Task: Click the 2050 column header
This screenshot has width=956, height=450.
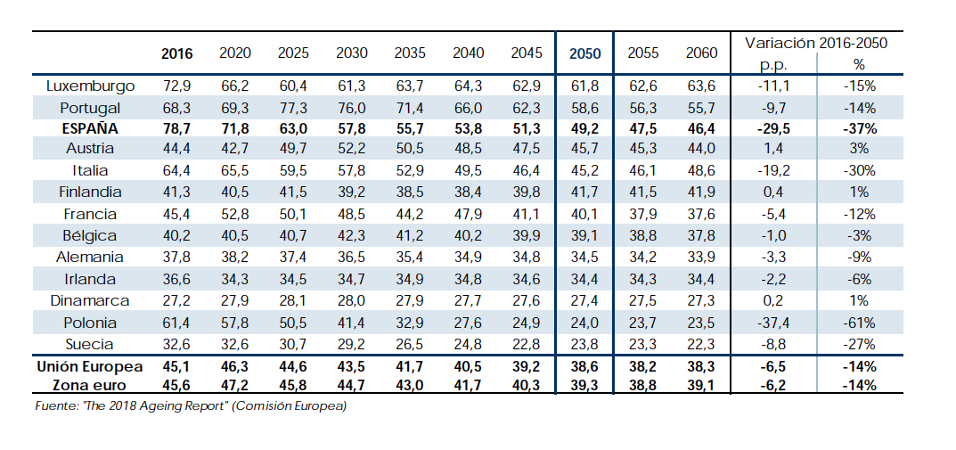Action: coord(585,53)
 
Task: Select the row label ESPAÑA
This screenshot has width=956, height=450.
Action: coord(91,128)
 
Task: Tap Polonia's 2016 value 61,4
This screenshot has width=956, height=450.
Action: coord(176,323)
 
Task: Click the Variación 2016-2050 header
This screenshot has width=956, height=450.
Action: coord(815,43)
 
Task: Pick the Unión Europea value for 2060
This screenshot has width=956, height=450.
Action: coord(701,366)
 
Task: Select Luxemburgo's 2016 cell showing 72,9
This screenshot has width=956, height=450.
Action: coord(176,86)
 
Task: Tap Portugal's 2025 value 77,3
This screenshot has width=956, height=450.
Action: coord(293,108)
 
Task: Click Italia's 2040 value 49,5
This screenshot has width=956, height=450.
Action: coord(468,171)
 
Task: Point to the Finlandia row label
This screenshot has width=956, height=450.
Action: coord(91,192)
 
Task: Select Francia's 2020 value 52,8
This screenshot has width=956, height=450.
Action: coord(234,215)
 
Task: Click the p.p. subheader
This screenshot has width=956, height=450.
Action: coord(772,65)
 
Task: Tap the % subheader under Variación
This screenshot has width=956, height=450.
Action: coord(859,65)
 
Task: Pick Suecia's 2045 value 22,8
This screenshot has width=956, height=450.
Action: coord(526,344)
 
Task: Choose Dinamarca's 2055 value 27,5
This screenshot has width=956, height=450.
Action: coord(642,301)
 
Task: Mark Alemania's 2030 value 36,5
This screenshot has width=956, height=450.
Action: coord(351,258)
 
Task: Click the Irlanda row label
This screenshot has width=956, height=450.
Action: coord(91,280)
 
